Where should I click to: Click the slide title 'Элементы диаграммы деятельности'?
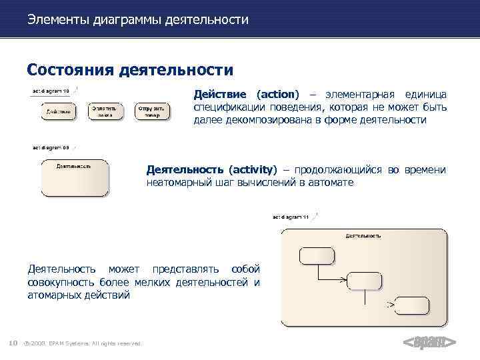(138, 20)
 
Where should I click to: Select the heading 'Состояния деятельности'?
(130, 69)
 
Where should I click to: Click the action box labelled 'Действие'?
(57, 111)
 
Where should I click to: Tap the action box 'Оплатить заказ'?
(104, 111)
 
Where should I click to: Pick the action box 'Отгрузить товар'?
(151, 111)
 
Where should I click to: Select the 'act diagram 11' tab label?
(290, 217)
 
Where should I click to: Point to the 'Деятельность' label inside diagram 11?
(363, 235)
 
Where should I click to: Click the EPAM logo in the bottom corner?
(430, 342)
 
